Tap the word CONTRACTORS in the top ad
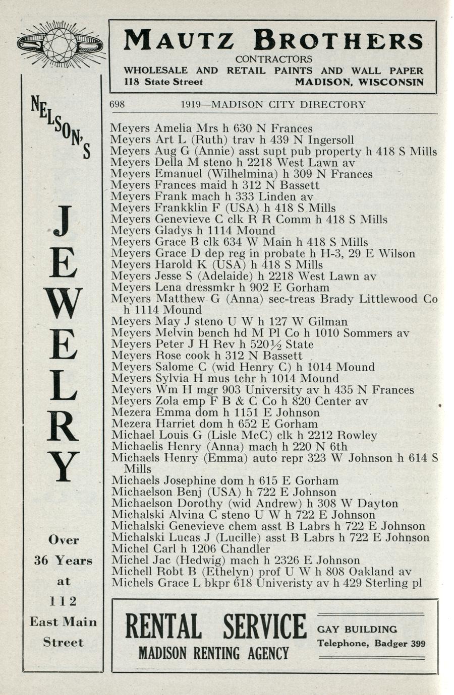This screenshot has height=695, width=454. coord(273,59)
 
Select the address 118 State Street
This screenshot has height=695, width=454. coord(163,82)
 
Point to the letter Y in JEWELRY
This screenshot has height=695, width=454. coord(63,466)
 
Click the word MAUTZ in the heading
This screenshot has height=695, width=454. coord(180,40)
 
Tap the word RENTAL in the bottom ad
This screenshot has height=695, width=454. coord(162,628)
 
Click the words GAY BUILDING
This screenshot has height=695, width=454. coord(357,629)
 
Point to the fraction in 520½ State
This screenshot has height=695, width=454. coord(276,345)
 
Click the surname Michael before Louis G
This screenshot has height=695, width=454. coord(130,436)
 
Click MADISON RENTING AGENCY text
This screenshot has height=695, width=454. coord(213,653)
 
